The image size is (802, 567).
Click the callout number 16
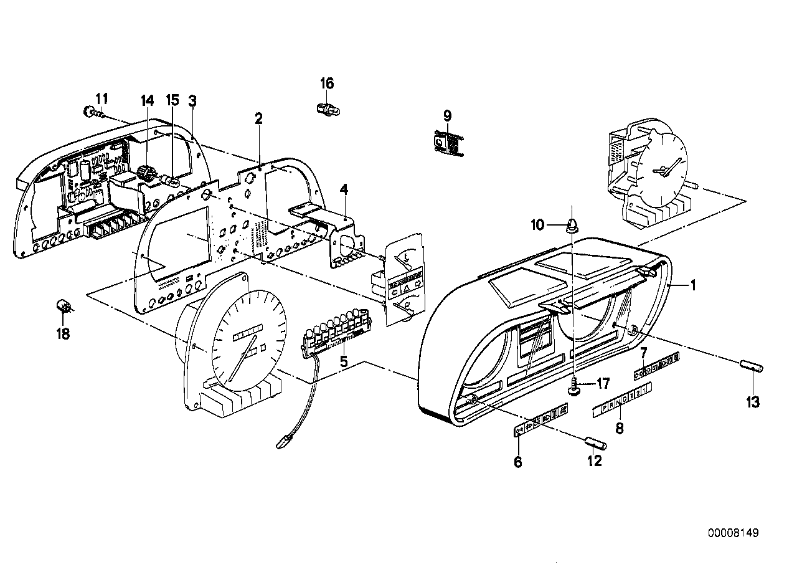pos(327,83)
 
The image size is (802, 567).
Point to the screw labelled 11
pos(89,113)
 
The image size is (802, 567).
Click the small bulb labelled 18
pos(63,305)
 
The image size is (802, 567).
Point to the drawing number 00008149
pos(733,533)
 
